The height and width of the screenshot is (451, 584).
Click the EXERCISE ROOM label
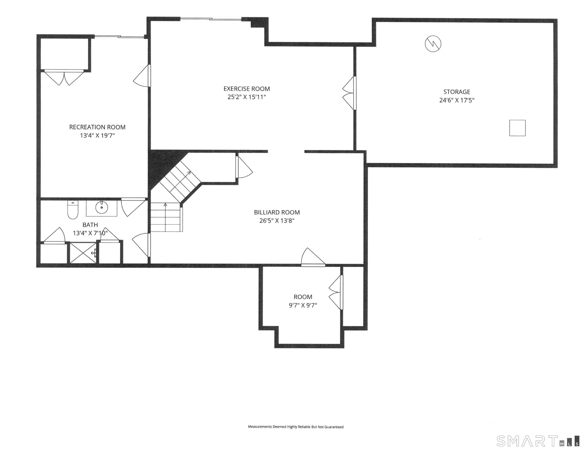click(247, 89)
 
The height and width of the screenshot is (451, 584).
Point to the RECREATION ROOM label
click(97, 127)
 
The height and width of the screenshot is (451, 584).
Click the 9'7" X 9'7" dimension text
click(303, 305)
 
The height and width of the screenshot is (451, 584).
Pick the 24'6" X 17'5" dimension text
click(457, 100)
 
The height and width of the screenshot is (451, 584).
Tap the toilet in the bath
click(73, 210)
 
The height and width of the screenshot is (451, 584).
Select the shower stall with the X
click(83, 253)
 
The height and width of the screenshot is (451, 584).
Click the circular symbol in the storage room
click(433, 44)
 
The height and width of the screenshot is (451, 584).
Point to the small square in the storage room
click(517, 128)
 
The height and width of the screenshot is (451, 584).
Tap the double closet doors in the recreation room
click(64, 78)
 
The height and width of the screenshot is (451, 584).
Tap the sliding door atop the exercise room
click(211, 19)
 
